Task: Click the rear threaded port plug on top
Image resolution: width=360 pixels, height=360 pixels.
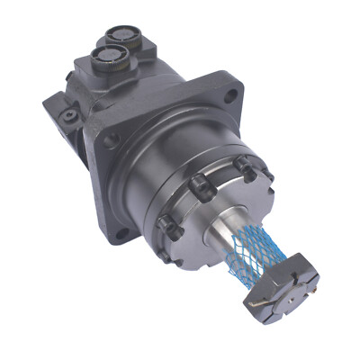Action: [120, 36]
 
